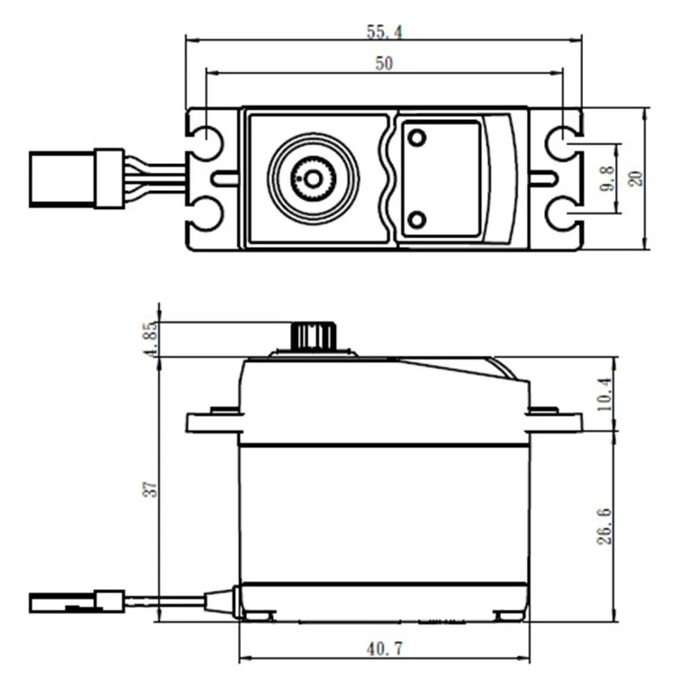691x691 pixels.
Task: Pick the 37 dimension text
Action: click(151, 489)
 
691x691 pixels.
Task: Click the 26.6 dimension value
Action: click(605, 525)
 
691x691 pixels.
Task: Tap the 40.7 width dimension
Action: click(384, 646)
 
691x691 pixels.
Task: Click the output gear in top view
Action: click(313, 179)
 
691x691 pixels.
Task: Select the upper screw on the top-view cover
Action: click(417, 139)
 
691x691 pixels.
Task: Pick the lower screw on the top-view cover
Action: click(417, 219)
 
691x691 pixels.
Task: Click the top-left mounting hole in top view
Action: click(208, 142)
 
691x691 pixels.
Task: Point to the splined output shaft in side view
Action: click(313, 336)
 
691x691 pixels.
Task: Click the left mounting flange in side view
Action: click(213, 422)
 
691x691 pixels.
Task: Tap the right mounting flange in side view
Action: click(555, 422)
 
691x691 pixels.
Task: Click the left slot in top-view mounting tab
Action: click(225, 179)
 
